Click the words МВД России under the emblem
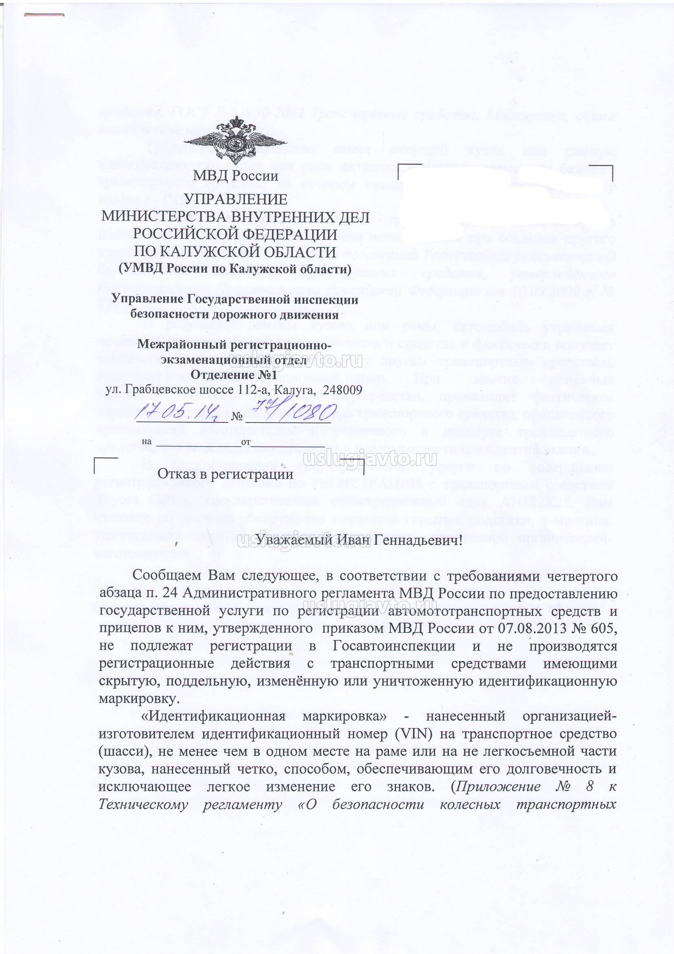(x=235, y=177)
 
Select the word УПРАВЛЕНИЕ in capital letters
(x=235, y=200)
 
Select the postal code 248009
(x=342, y=390)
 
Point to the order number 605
(x=602, y=628)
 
